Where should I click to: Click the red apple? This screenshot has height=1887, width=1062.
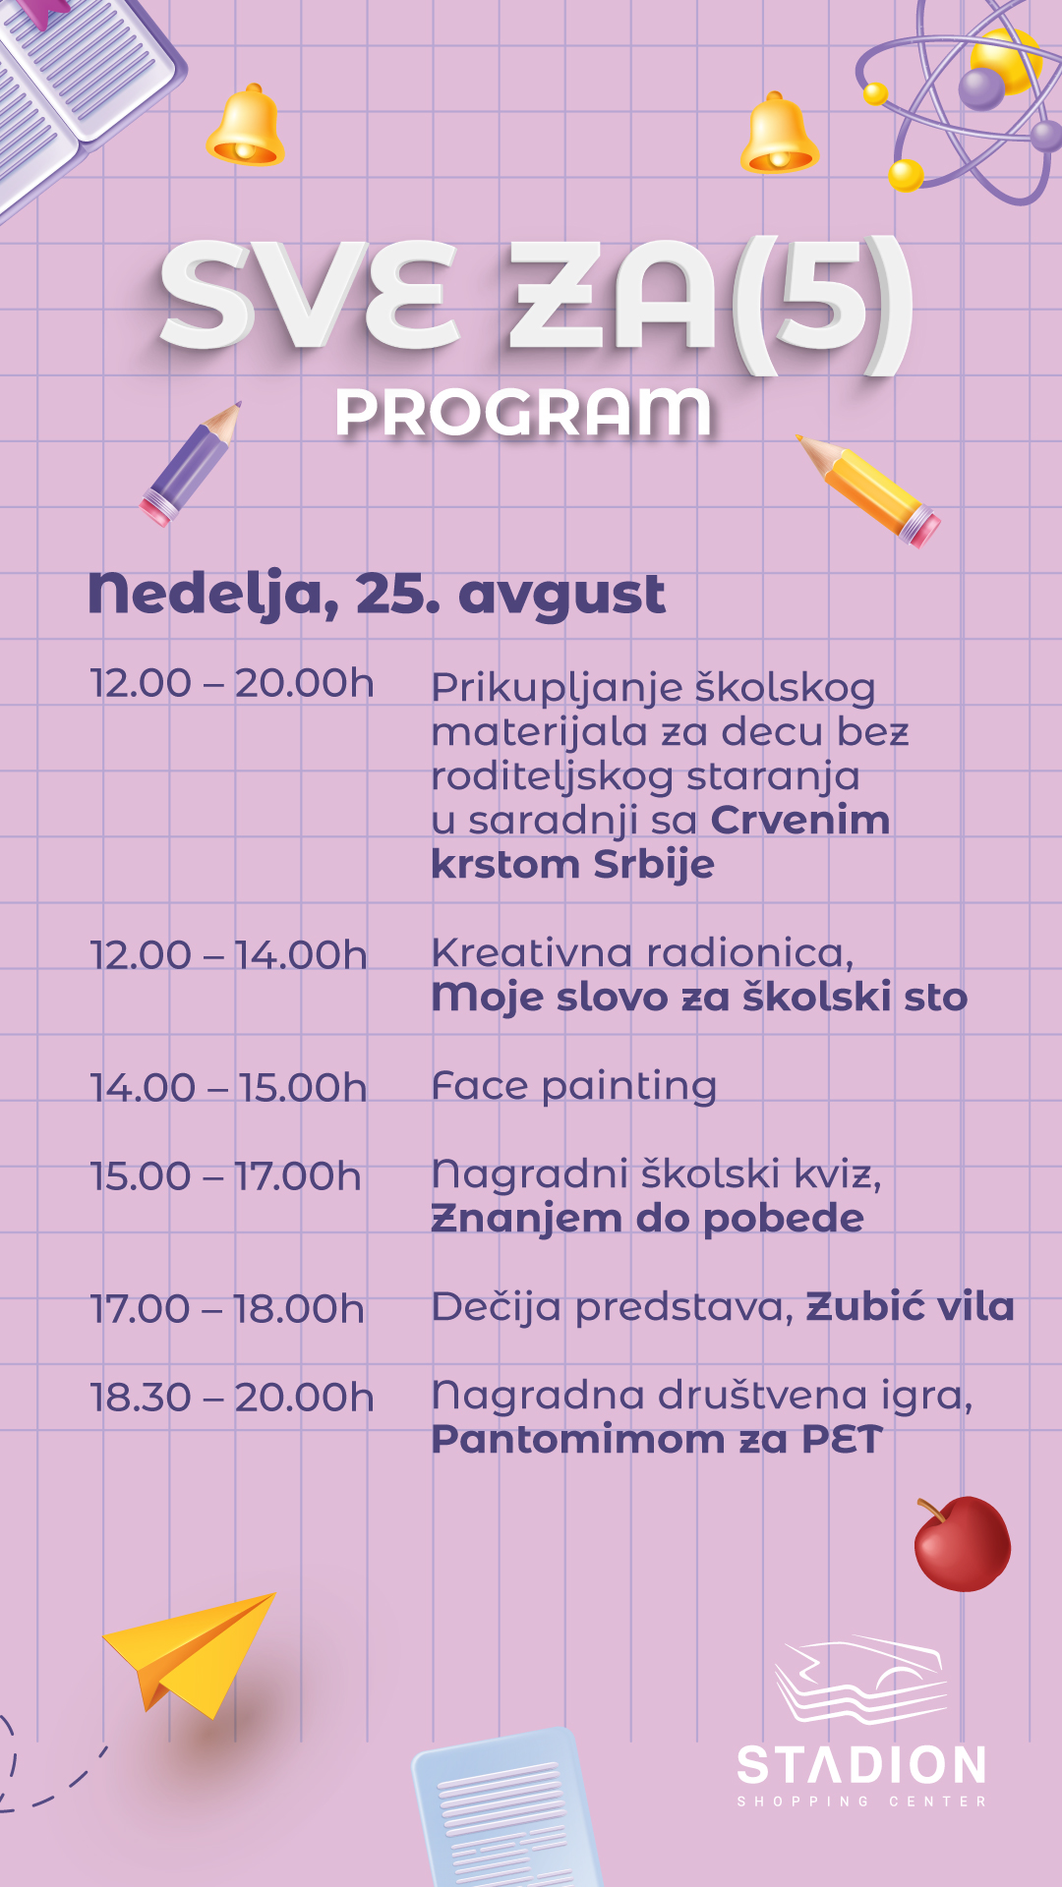tap(962, 1544)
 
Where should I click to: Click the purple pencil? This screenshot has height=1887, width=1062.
tap(191, 463)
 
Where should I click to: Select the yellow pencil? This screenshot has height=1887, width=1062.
tap(868, 489)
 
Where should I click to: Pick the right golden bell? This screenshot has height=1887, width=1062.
tap(779, 133)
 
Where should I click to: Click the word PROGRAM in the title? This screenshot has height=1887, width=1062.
tap(523, 412)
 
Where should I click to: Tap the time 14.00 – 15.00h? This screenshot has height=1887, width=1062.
tap(228, 1088)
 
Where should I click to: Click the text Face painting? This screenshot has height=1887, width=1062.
tap(574, 1087)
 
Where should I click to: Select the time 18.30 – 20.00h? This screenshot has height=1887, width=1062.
tap(232, 1398)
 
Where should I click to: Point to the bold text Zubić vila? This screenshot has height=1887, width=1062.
tap(911, 1307)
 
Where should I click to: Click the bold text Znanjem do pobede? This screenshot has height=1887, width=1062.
tap(648, 1219)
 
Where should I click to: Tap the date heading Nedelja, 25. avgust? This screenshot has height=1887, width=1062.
tap(377, 595)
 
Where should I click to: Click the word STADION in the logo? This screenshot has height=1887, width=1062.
tap(861, 1766)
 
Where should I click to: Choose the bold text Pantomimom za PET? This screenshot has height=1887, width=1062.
tap(657, 1440)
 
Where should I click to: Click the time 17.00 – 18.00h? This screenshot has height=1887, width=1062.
tap(227, 1309)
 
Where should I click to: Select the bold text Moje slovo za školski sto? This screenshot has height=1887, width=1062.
tap(700, 997)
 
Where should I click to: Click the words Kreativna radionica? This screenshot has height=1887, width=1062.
tap(643, 953)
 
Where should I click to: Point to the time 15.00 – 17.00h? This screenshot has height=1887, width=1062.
tap(226, 1176)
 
